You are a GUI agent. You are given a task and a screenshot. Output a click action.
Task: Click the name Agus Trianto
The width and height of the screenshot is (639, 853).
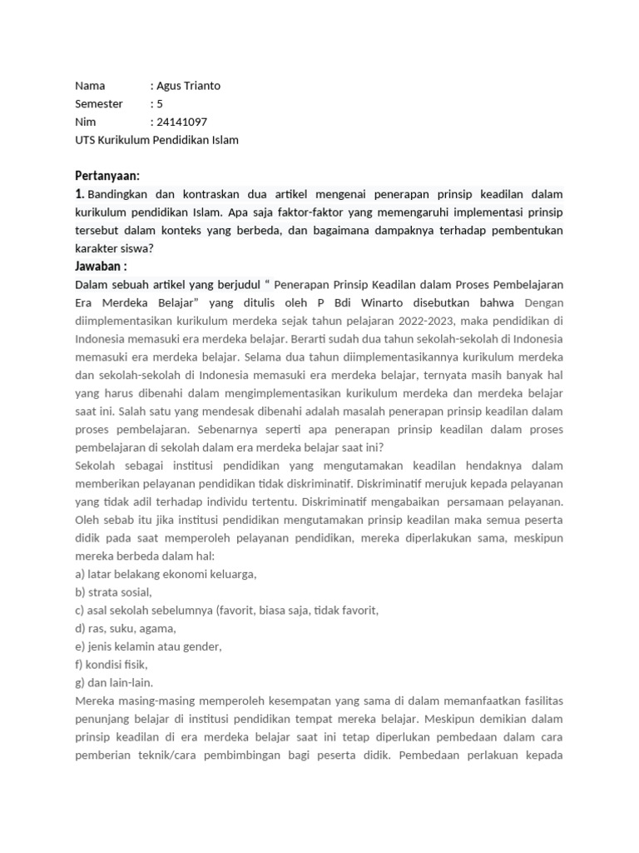tap(188, 86)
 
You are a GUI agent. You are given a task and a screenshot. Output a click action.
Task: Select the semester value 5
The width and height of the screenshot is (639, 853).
tap(157, 104)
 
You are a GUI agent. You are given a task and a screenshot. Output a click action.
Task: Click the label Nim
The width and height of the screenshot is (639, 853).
tap(85, 122)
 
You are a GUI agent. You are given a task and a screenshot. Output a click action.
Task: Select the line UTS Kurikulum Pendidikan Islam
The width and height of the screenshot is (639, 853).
tap(156, 140)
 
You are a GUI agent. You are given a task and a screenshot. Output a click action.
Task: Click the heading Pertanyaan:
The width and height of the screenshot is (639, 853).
tap(107, 176)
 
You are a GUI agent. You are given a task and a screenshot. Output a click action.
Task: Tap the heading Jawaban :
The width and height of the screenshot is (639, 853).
tap(101, 267)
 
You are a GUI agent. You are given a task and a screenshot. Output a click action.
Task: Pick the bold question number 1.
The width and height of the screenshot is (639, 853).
tap(80, 194)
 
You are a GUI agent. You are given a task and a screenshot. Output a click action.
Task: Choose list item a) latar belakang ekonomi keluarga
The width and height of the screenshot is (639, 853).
tap(166, 574)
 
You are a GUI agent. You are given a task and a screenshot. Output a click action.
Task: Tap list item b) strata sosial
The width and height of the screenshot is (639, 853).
tap(114, 592)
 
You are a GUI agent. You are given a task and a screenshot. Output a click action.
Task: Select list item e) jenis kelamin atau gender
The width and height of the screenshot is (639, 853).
tap(148, 646)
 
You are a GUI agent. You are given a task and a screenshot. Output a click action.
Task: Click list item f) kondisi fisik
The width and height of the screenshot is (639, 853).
tap(111, 665)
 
